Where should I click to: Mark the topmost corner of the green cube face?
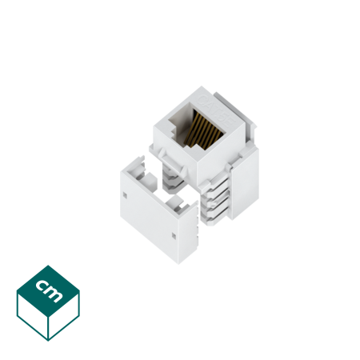coord(48,266)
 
